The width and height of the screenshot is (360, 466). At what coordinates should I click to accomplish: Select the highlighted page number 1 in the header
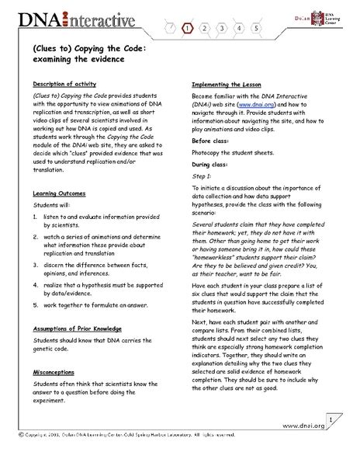coord(188,28)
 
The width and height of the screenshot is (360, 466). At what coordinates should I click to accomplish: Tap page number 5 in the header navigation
coord(257,28)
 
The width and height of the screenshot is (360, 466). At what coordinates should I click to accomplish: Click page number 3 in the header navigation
coord(222,28)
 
